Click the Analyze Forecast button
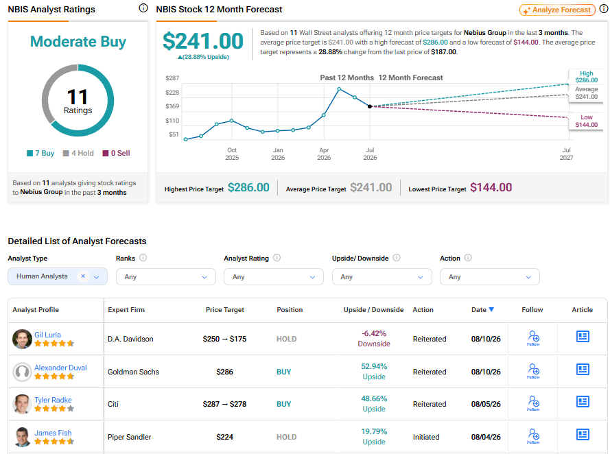click(557, 10)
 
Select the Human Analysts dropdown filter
click(58, 276)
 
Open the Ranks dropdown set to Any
click(166, 277)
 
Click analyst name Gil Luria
click(47, 335)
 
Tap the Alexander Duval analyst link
click(60, 368)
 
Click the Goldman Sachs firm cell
click(133, 372)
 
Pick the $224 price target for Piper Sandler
click(224, 437)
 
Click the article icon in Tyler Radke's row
click(583, 401)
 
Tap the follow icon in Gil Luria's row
click(533, 337)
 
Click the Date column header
click(482, 310)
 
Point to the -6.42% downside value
click(374, 333)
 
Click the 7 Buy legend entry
click(40, 153)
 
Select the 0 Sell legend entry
click(117, 153)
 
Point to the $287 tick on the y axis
click(172, 78)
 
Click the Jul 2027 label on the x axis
click(567, 154)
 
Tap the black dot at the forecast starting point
click(370, 106)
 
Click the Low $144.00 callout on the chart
click(586, 121)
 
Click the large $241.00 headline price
click(202, 41)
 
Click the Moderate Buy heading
click(78, 41)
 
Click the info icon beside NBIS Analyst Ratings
click(143, 8)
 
